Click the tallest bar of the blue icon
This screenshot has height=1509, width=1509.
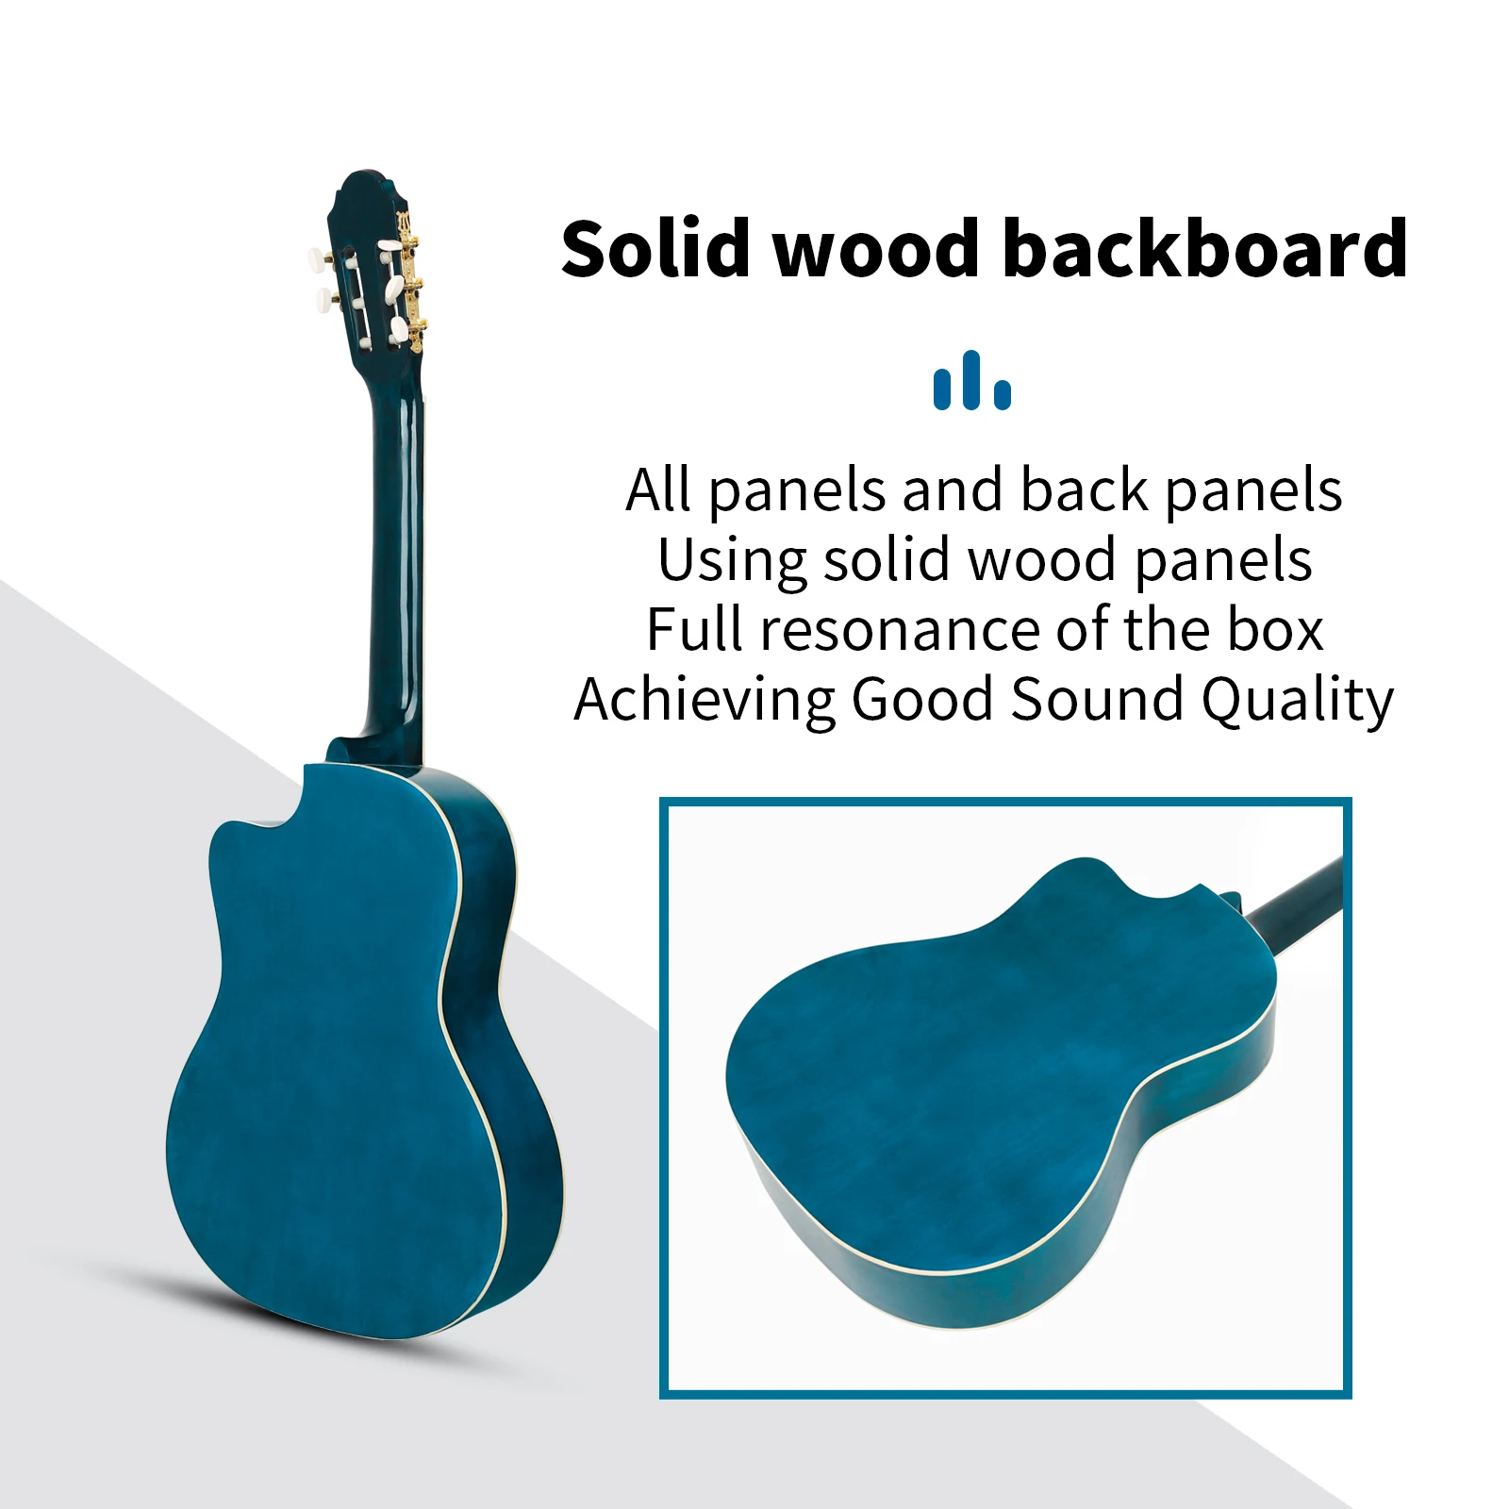click(971, 380)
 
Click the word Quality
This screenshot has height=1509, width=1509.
click(1297, 702)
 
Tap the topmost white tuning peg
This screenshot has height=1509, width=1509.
click(318, 257)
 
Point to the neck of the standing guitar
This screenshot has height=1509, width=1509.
click(395, 556)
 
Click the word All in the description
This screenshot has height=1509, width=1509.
click(658, 490)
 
